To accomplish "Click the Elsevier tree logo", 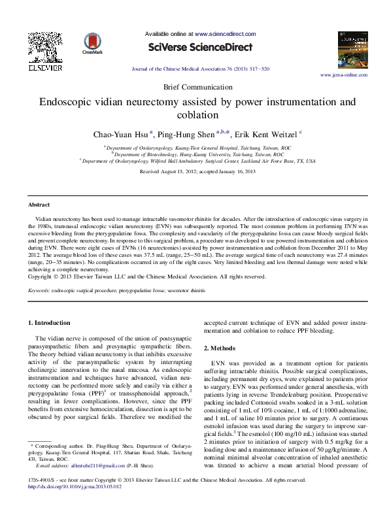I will click(x=44, y=61).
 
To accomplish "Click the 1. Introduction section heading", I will click(x=51, y=323).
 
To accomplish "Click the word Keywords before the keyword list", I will click(x=39, y=290).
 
